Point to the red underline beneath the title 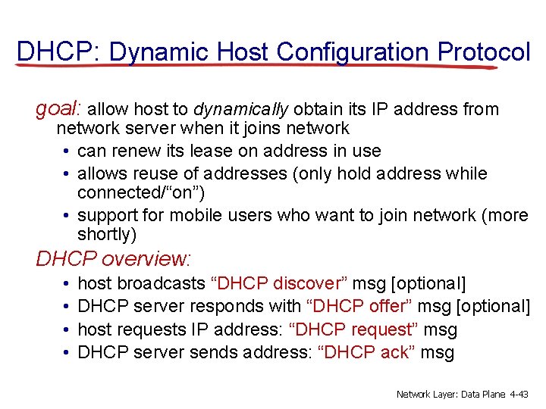coord(258,66)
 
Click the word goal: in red coord(64,109)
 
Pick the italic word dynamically coord(242,109)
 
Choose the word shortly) coord(107,236)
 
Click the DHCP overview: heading coord(115,259)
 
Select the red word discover coord(307,283)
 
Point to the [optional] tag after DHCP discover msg coord(428,283)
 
